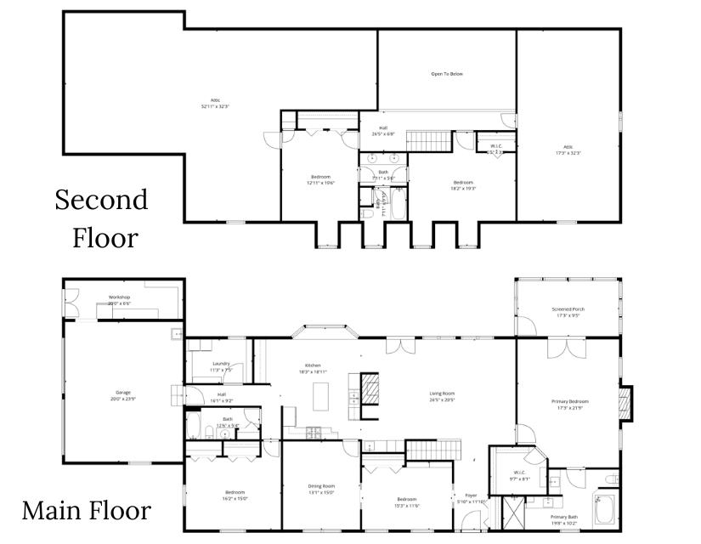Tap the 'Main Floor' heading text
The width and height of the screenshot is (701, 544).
point(87,511)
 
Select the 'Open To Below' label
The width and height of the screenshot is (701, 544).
point(447,74)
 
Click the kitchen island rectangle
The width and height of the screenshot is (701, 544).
point(321,396)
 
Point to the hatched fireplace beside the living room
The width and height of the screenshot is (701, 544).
point(370,395)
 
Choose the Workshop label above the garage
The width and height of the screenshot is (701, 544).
point(119,297)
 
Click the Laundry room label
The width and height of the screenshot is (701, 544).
point(221,363)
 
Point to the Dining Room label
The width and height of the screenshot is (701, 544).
point(321,486)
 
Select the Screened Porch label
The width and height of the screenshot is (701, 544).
point(568,309)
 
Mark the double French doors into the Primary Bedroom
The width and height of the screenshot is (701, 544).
point(568,347)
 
